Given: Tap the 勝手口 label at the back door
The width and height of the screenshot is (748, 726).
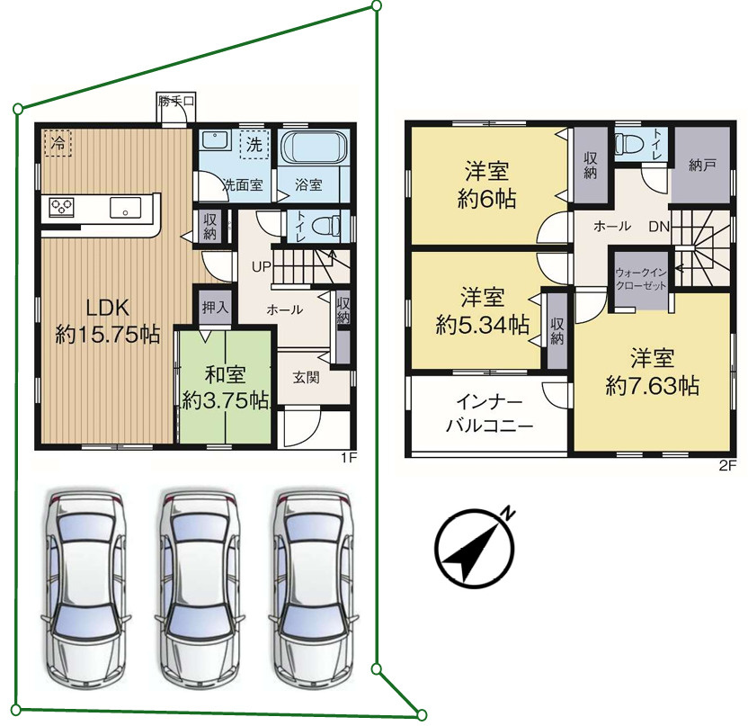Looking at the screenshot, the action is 176,101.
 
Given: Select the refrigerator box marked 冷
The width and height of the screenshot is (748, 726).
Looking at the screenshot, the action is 58,143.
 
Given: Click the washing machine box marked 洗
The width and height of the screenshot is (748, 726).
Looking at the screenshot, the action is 254,144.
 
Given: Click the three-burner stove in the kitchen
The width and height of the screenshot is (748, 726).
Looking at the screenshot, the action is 62,208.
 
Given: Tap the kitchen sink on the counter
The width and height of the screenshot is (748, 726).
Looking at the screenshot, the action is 126,208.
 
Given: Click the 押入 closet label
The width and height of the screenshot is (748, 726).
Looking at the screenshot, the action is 215,308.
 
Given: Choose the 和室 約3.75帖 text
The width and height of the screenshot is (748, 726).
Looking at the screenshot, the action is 225,388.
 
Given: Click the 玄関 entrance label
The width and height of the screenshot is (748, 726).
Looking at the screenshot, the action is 306,378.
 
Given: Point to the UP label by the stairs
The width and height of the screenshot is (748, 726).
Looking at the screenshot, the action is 262,267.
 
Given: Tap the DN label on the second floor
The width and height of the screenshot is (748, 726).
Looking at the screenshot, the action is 659,226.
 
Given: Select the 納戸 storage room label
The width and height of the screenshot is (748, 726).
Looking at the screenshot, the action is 702,166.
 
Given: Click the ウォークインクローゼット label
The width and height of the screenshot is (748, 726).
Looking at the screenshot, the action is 641,279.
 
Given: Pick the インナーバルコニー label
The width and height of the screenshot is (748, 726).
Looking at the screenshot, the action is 489,413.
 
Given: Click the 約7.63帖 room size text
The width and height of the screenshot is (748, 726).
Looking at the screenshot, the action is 653,385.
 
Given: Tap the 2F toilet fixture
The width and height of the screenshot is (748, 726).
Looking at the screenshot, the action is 628,143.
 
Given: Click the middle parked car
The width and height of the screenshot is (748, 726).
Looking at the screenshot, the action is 200,587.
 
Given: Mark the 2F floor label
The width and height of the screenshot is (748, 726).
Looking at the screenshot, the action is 728,466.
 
